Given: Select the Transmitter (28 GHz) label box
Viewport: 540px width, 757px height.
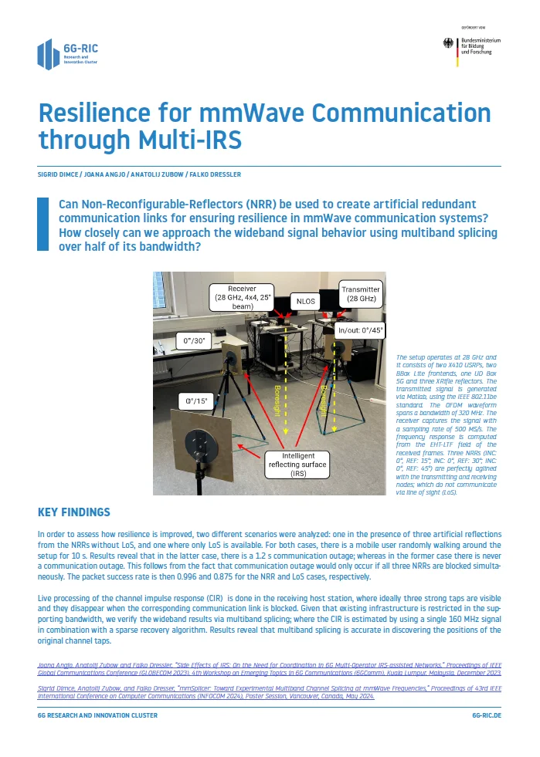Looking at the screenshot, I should click(x=361, y=295).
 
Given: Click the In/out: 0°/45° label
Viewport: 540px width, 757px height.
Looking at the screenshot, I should click(x=361, y=329).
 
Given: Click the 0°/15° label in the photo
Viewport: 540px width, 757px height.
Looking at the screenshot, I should click(x=196, y=401).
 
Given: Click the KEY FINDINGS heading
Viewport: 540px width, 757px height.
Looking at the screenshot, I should click(x=74, y=512).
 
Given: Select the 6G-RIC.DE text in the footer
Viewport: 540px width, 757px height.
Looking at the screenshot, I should click(x=486, y=715).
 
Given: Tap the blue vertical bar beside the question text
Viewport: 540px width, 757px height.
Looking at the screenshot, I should click(x=43, y=224).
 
